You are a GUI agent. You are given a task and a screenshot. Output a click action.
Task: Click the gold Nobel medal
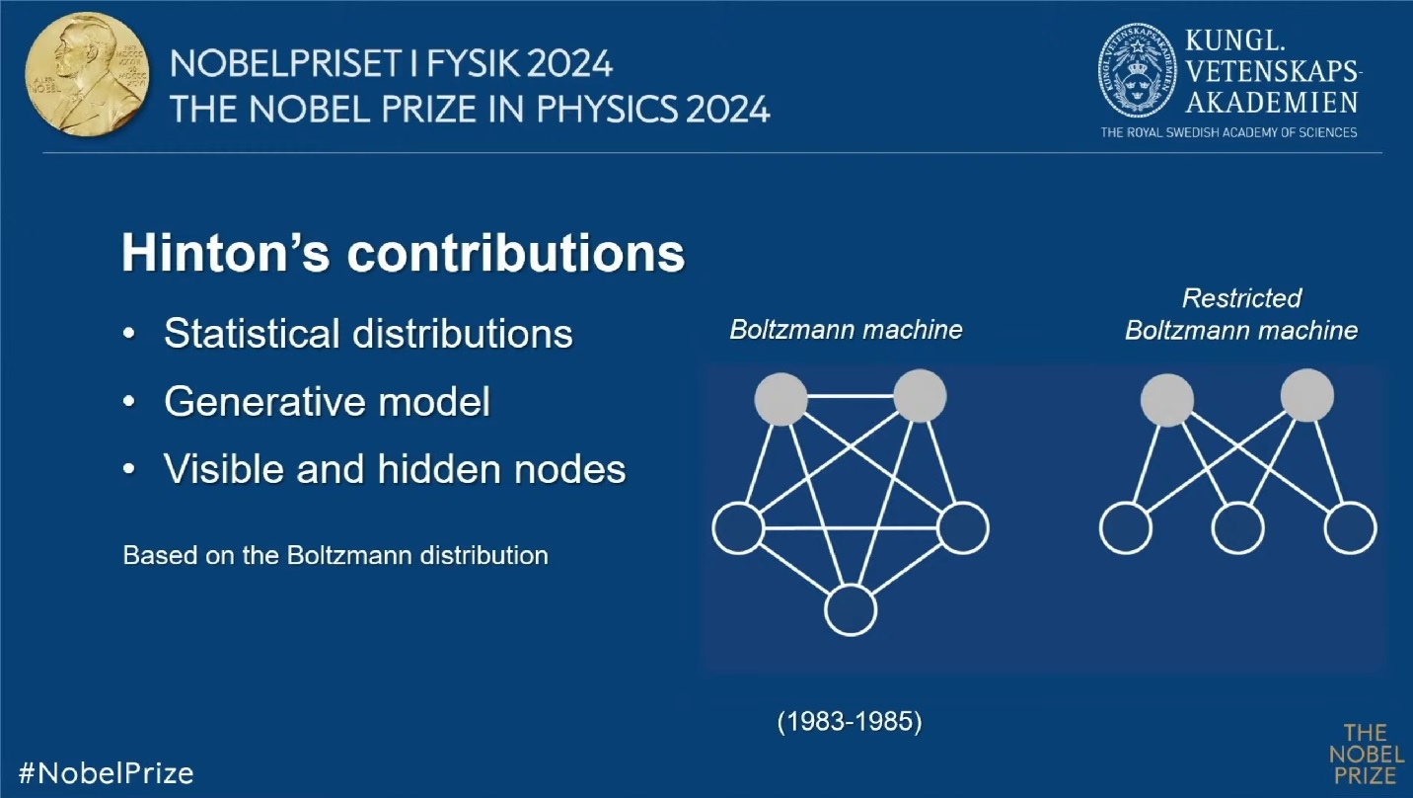[x=88, y=74]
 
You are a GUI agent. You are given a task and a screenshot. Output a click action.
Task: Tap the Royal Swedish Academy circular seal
[x=1138, y=70]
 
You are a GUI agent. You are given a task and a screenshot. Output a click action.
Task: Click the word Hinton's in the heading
[x=226, y=253]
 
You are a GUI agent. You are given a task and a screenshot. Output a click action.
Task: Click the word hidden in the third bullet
[x=440, y=469]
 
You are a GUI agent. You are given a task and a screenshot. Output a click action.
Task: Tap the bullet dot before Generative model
[x=129, y=402]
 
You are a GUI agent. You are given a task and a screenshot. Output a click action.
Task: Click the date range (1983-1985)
[x=850, y=721]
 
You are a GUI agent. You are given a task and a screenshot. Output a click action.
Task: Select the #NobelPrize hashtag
[x=106, y=773]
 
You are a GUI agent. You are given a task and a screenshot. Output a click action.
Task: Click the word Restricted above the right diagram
[x=1241, y=298]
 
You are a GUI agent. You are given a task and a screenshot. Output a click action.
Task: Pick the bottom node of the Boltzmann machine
[x=851, y=610]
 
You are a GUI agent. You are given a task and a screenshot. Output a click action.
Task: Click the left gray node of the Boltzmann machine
[x=781, y=399]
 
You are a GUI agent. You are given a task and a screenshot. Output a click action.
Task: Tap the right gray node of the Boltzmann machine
[x=921, y=396]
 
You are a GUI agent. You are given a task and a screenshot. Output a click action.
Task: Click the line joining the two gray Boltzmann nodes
[x=851, y=396]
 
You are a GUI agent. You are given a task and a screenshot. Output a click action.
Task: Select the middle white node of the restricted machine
[x=1237, y=527]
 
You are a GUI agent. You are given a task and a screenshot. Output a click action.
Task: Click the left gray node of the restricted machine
[x=1167, y=400]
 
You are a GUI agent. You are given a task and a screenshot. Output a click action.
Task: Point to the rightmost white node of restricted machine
[x=1350, y=527]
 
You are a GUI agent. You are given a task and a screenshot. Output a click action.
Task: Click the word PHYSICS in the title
[x=607, y=110]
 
